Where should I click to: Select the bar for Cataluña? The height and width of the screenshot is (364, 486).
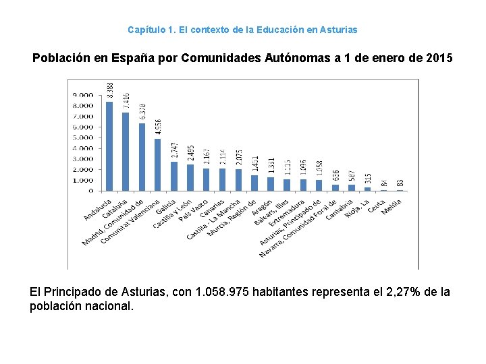click(x=126, y=152)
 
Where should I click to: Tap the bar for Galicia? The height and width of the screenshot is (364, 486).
click(x=173, y=176)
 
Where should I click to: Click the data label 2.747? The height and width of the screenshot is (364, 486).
click(x=174, y=150)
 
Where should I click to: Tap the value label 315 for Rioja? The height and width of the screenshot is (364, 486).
click(x=367, y=177)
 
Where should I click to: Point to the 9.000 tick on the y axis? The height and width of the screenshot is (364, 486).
click(x=83, y=95)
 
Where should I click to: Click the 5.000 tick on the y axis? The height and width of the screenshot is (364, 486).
click(x=83, y=138)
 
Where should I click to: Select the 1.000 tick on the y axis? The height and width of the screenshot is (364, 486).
click(x=83, y=180)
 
